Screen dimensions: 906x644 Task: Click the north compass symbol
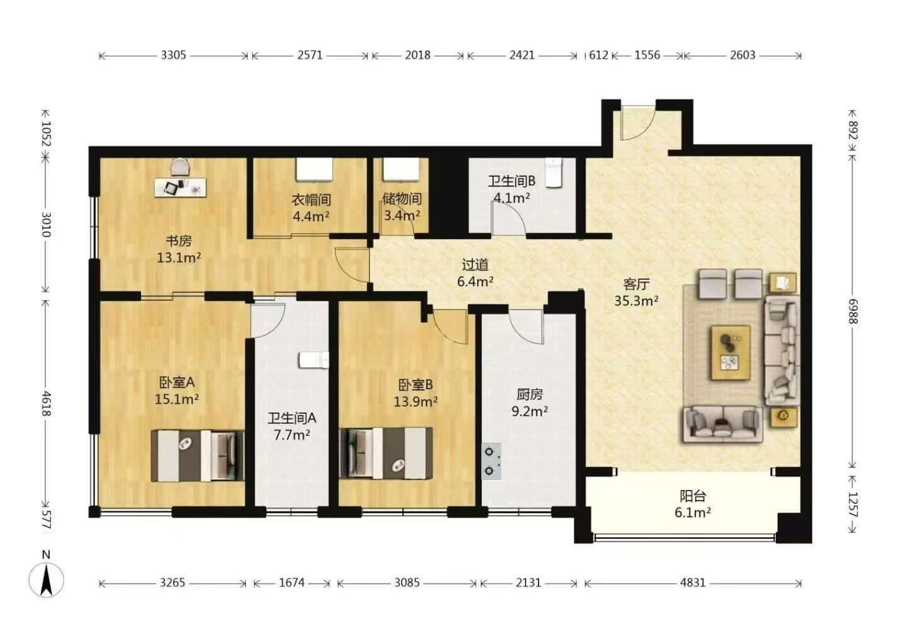pos(46,579)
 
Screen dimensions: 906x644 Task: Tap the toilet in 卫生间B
pos(553,172)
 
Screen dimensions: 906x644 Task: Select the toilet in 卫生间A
pos(314,360)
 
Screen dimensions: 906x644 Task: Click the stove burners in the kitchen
pos(491,461)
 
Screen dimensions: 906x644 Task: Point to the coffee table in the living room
pos(731,353)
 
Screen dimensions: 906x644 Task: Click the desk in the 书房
pos(181,187)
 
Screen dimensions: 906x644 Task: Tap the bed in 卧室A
pos(198,455)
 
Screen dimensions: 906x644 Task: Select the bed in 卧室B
pos(386,453)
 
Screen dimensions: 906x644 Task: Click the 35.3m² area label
pos(636,301)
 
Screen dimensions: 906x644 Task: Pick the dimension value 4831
pos(693,582)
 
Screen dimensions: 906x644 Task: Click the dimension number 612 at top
pos(598,55)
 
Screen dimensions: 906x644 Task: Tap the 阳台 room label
pos(693,496)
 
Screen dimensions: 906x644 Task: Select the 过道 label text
pos(475,265)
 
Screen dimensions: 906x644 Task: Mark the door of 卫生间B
pos(508,218)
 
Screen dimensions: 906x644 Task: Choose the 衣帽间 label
pos(311,200)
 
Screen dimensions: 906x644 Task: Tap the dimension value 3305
pos(174,55)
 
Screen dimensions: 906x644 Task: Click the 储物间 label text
pos(402,199)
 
